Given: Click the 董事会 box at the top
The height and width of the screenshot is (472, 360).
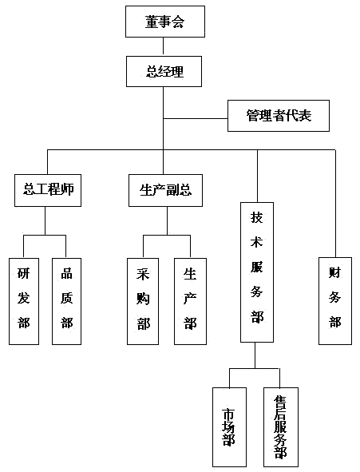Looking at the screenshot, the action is point(165,22).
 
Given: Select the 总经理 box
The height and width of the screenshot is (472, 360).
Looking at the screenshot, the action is point(164,71).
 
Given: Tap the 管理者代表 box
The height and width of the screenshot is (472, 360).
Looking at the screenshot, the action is point(279,116).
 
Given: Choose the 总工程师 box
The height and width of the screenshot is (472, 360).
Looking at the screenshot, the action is point(48,190).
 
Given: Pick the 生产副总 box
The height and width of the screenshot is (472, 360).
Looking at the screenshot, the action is point(165,190).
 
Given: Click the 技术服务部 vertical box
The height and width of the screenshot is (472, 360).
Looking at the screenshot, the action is point(257,272).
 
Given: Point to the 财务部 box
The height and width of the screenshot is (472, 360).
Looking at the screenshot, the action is point(335,301).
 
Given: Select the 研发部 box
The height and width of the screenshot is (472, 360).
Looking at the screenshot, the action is point(24,301).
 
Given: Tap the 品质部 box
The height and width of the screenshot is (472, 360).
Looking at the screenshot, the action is point(66,301).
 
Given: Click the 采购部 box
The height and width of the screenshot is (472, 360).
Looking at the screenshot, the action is point(143,301).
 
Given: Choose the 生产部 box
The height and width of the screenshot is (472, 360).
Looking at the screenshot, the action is point(190,301).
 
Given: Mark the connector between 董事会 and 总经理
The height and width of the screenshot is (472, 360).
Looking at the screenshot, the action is point(164,46).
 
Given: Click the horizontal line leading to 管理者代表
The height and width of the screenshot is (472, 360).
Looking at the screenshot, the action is point(196,119).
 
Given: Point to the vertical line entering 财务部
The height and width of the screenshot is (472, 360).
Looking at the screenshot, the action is point(335,204).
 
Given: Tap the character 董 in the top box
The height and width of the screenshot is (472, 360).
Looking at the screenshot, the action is point(152,22).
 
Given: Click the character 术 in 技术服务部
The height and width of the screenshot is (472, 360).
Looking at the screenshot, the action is point(256,242).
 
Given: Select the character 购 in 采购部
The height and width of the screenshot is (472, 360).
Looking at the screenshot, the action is point(143,299).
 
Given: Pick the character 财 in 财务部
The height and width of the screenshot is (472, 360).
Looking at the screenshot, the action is point(334,272).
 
